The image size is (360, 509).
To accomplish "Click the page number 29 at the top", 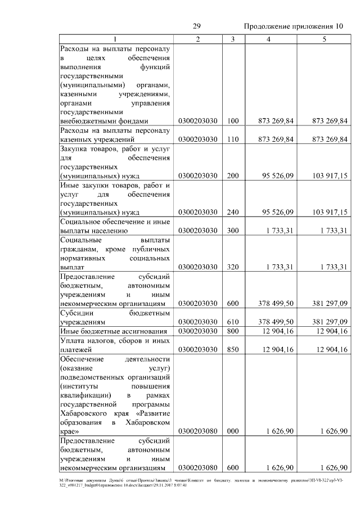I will [197, 26].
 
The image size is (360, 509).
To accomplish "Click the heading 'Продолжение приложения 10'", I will [293, 26].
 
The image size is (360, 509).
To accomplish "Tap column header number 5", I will [323, 39].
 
